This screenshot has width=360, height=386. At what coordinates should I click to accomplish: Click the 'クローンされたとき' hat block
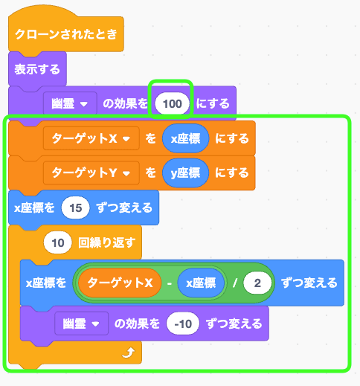(66, 33)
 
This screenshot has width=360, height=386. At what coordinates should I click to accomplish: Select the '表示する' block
(37, 69)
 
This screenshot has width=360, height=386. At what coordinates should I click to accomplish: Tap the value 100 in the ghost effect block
(172, 103)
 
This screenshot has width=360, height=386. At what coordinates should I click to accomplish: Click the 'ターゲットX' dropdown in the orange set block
(91, 138)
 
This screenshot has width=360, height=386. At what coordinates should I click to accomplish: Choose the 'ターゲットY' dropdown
(91, 173)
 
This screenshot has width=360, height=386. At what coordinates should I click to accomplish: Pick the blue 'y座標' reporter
(185, 173)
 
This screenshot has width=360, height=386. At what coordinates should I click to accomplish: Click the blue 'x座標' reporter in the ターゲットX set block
(185, 138)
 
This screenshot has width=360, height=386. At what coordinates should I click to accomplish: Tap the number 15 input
(75, 208)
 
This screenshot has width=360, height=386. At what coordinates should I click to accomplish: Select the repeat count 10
(58, 242)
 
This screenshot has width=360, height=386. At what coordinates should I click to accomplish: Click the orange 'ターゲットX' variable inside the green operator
(120, 283)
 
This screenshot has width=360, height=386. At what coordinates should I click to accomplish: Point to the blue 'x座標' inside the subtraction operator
(201, 283)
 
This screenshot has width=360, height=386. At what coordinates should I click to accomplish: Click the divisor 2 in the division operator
(257, 283)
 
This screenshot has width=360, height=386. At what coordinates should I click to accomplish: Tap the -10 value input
(183, 324)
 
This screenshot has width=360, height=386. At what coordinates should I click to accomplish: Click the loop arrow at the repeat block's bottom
(129, 352)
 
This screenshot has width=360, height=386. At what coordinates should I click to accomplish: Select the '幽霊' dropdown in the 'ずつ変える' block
(81, 324)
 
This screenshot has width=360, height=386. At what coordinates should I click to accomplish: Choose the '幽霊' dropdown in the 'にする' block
(70, 103)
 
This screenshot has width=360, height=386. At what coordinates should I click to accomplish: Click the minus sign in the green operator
(170, 283)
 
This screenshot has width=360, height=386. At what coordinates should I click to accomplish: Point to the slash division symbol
(234, 283)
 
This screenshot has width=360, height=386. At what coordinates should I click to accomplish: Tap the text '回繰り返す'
(107, 242)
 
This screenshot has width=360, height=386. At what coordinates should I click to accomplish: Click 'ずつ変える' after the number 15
(124, 208)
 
